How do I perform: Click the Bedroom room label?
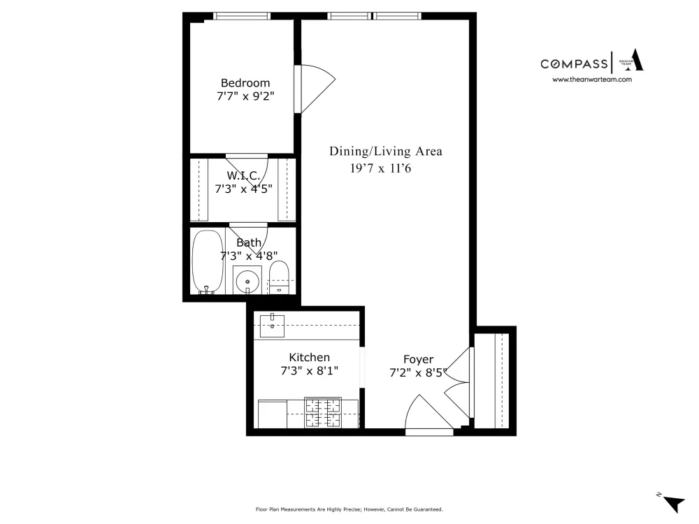[245, 83]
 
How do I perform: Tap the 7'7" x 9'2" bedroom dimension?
[245, 96]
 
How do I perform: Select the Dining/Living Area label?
[386, 152]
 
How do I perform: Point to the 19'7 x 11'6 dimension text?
[380, 168]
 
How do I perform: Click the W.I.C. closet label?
[243, 175]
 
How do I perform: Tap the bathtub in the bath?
[208, 261]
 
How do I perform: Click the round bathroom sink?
[247, 281]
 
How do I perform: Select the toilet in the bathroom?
[279, 277]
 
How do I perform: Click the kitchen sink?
[272, 326]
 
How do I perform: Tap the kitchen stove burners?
[323, 412]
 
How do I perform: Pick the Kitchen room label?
[310, 357]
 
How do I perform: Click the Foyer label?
[418, 359]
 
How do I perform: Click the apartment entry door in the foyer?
[429, 412]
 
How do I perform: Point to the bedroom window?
[242, 16]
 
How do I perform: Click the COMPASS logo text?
[574, 64]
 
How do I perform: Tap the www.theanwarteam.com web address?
[592, 80]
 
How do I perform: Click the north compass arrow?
[674, 504]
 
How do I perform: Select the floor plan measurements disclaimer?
[349, 509]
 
